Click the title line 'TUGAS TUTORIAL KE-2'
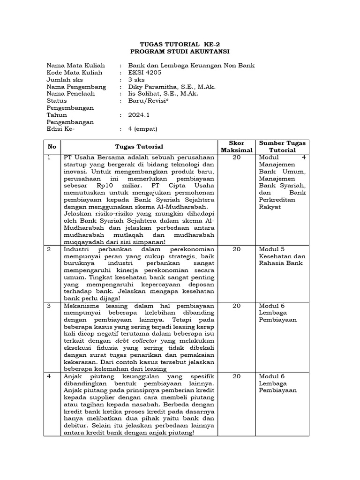180,44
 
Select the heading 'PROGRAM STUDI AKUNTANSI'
180,51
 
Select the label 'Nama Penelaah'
71,94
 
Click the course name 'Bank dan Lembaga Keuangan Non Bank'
188,66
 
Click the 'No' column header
51,147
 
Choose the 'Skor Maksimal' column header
237,146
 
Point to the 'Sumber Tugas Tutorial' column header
283,146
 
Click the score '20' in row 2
237,249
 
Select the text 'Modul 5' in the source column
271,249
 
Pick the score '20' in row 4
237,376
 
